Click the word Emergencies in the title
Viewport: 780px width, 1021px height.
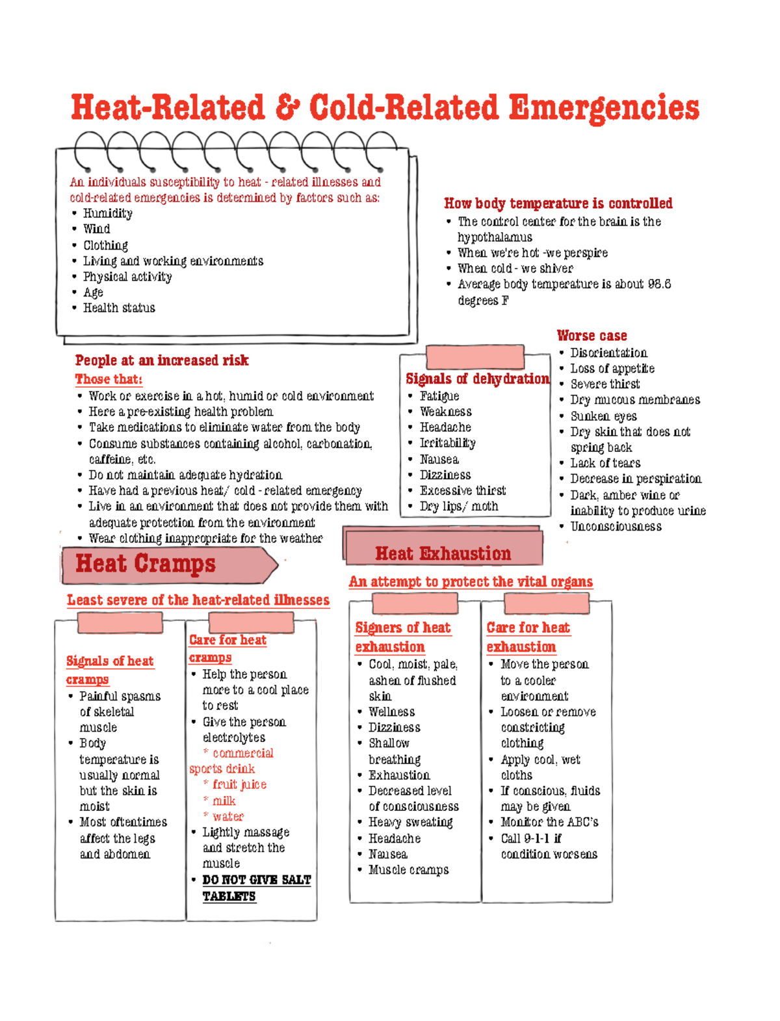pos(604,108)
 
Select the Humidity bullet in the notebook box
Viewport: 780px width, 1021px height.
pos(107,213)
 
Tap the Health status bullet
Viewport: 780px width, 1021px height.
pos(119,308)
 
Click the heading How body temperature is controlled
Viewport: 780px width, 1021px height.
pos(558,204)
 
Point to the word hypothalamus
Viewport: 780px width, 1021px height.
pos(495,237)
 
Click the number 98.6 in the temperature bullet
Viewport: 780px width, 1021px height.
pos(659,284)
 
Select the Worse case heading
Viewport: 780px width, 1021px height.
pos(591,336)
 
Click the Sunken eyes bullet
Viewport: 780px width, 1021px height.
pos(603,416)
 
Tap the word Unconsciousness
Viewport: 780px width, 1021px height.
pos(616,527)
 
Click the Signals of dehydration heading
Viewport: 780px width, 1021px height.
pos(477,379)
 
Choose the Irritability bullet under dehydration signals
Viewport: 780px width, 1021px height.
pos(447,444)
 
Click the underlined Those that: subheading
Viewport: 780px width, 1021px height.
pos(109,380)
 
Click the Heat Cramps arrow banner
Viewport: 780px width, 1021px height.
pos(146,564)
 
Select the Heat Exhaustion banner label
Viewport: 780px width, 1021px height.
pos(443,554)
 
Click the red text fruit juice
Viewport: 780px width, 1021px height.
pos(239,785)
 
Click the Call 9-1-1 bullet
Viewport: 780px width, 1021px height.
pos(530,839)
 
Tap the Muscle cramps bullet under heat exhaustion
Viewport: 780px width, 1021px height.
pos(408,870)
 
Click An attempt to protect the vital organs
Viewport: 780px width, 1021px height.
pos(471,582)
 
